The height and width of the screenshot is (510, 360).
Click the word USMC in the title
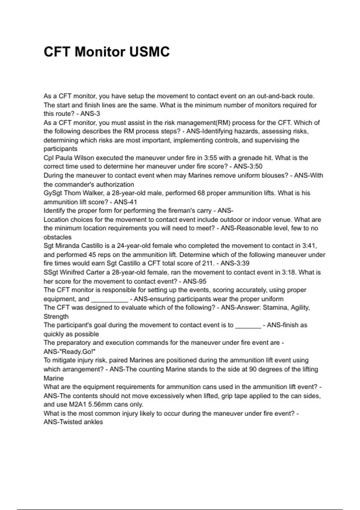pyautogui.click(x=149, y=52)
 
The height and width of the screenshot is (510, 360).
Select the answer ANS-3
pyautogui.click(x=90, y=114)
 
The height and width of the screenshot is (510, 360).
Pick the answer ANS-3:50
pyautogui.click(x=248, y=166)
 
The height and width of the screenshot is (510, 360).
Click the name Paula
pyautogui.click(x=64, y=158)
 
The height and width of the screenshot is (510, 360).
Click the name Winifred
pyautogui.click(x=72, y=272)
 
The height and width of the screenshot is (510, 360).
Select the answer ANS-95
pyautogui.click(x=195, y=281)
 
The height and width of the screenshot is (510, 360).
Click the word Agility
pyautogui.click(x=300, y=307)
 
